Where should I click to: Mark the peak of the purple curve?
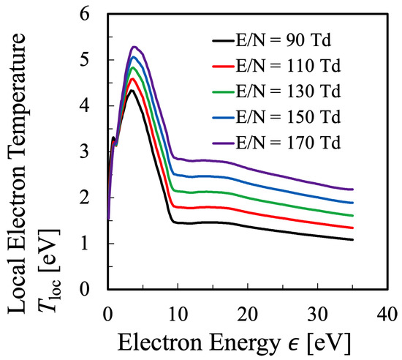coord(134,47)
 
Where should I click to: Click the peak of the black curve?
coord(131,90)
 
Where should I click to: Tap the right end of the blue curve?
coord(353,203)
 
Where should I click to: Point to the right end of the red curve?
coord(353,228)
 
